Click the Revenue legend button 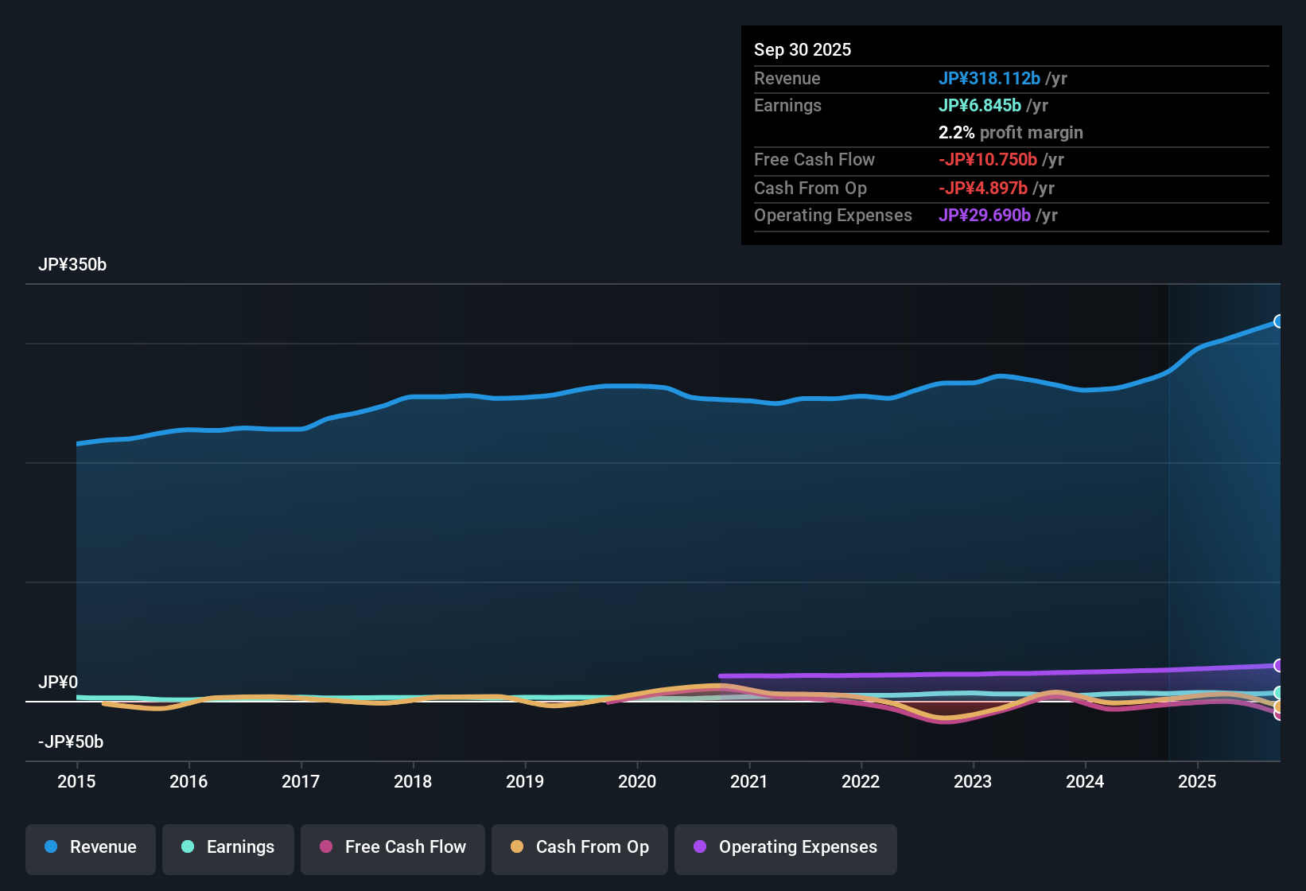point(91,848)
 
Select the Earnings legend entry point(228,848)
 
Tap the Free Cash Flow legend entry point(393,848)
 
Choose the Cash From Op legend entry point(580,848)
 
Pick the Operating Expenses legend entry point(786,848)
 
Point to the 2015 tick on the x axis point(76,782)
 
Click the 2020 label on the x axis point(637,782)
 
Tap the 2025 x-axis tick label point(1197,782)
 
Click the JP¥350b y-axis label point(72,265)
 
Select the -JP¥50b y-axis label point(71,742)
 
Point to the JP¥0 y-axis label point(58,683)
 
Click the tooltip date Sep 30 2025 point(803,50)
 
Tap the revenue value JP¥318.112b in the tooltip point(989,79)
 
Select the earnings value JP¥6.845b point(980,106)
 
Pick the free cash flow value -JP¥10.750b point(988,160)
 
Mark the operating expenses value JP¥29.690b point(985,216)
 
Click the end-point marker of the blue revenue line point(1278,321)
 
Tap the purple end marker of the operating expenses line point(1278,665)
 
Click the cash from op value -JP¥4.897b point(983,189)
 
